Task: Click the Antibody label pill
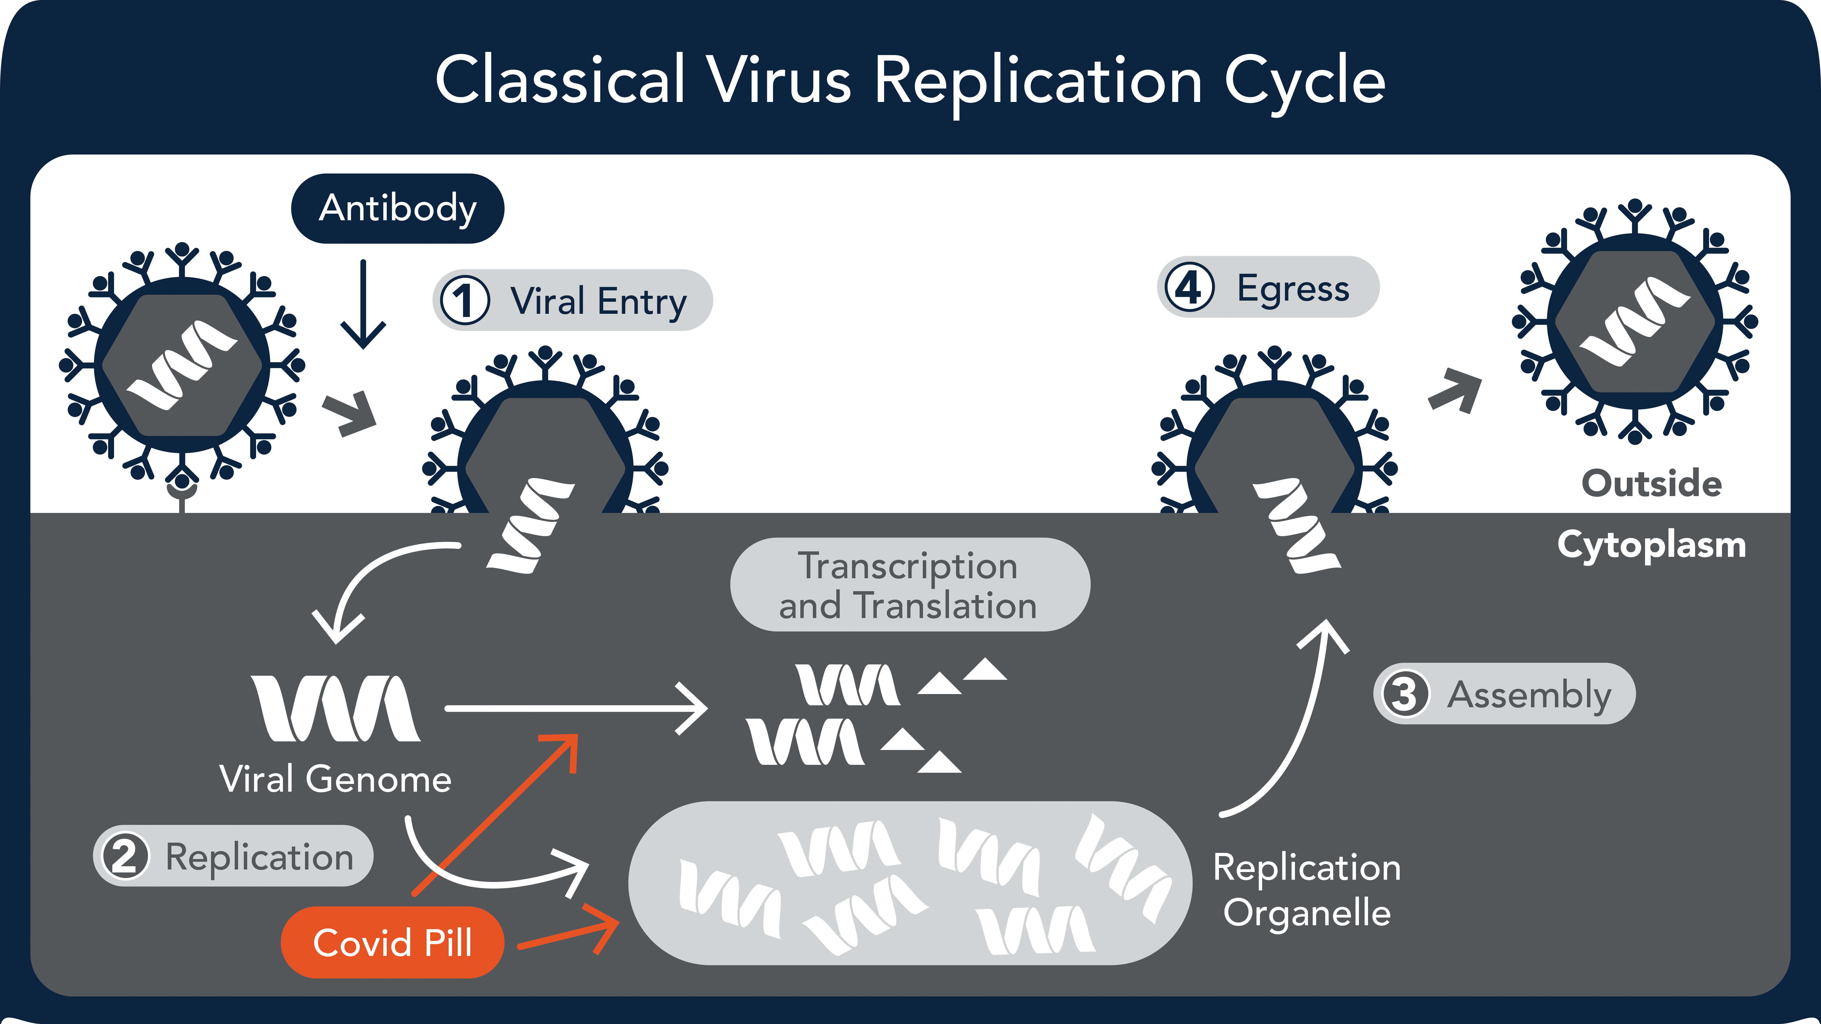[397, 208]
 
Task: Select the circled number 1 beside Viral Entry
[464, 300]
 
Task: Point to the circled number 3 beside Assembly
[1404, 694]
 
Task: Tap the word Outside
[1651, 484]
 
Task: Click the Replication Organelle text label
[1307, 890]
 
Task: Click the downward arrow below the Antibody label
[363, 304]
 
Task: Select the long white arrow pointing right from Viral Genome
[576, 708]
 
